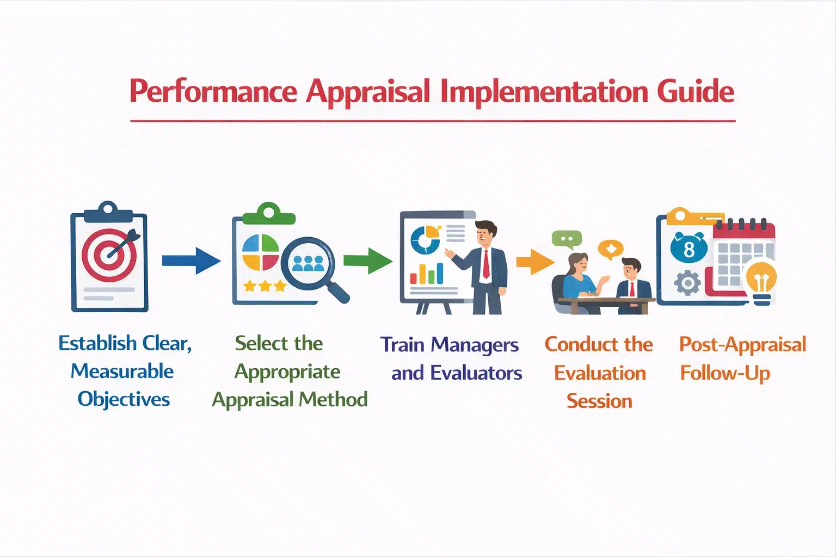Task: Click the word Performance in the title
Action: click(x=213, y=91)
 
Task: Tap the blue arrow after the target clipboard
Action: click(x=190, y=261)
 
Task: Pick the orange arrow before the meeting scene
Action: click(x=534, y=262)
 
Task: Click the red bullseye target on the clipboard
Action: click(x=109, y=255)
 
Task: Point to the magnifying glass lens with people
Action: click(x=308, y=262)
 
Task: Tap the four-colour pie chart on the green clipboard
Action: click(x=260, y=252)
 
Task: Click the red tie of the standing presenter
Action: click(x=485, y=264)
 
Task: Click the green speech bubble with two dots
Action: click(x=567, y=239)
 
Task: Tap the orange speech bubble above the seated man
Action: click(x=610, y=249)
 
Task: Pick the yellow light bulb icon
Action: click(x=761, y=280)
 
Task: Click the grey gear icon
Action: click(x=687, y=283)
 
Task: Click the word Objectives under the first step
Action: click(x=124, y=399)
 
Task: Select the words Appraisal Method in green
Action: click(x=290, y=400)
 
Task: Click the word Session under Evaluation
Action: click(x=599, y=401)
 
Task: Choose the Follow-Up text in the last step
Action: click(x=725, y=373)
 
